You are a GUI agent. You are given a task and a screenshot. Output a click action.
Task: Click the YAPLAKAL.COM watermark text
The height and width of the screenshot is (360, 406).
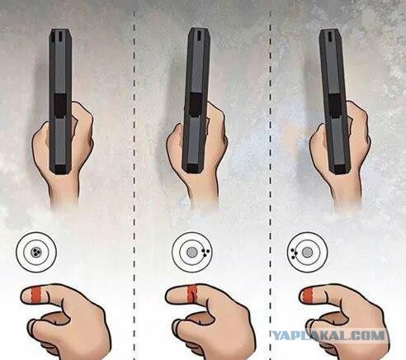click(328, 335)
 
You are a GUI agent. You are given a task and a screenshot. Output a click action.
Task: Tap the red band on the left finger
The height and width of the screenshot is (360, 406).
click(36, 295)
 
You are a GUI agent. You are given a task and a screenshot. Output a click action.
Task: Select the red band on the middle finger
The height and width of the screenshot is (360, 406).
click(192, 294)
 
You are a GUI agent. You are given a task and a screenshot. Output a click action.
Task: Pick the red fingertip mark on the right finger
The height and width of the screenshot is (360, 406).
click(307, 295)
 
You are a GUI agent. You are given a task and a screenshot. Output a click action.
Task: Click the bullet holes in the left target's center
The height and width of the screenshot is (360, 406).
click(36, 252)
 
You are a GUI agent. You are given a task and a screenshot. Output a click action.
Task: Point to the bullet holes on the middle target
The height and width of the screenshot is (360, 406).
click(205, 253)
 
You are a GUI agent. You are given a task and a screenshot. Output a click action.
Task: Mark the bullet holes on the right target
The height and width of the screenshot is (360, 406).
click(294, 253)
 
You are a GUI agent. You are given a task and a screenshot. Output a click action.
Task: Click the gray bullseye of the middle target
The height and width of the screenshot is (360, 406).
click(191, 252)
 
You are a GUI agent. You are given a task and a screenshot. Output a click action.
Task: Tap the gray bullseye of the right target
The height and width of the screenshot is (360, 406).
click(307, 252)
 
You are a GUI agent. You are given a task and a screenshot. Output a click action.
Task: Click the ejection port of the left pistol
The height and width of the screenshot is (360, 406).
click(59, 106)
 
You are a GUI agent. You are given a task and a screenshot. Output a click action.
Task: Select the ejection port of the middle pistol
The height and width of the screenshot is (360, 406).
click(196, 105)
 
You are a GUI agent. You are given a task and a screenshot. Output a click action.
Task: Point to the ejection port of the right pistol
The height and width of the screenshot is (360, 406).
click(335, 106)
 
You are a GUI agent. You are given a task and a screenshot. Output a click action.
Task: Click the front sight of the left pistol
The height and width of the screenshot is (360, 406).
click(60, 36)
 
